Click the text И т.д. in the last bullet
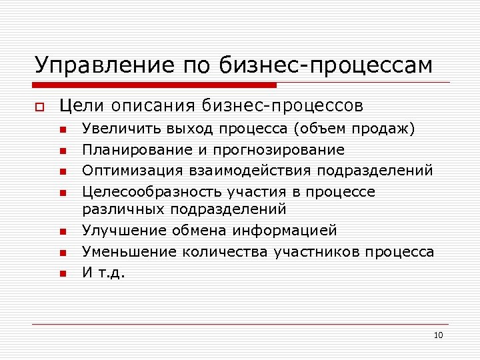103,273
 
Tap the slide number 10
438,335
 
